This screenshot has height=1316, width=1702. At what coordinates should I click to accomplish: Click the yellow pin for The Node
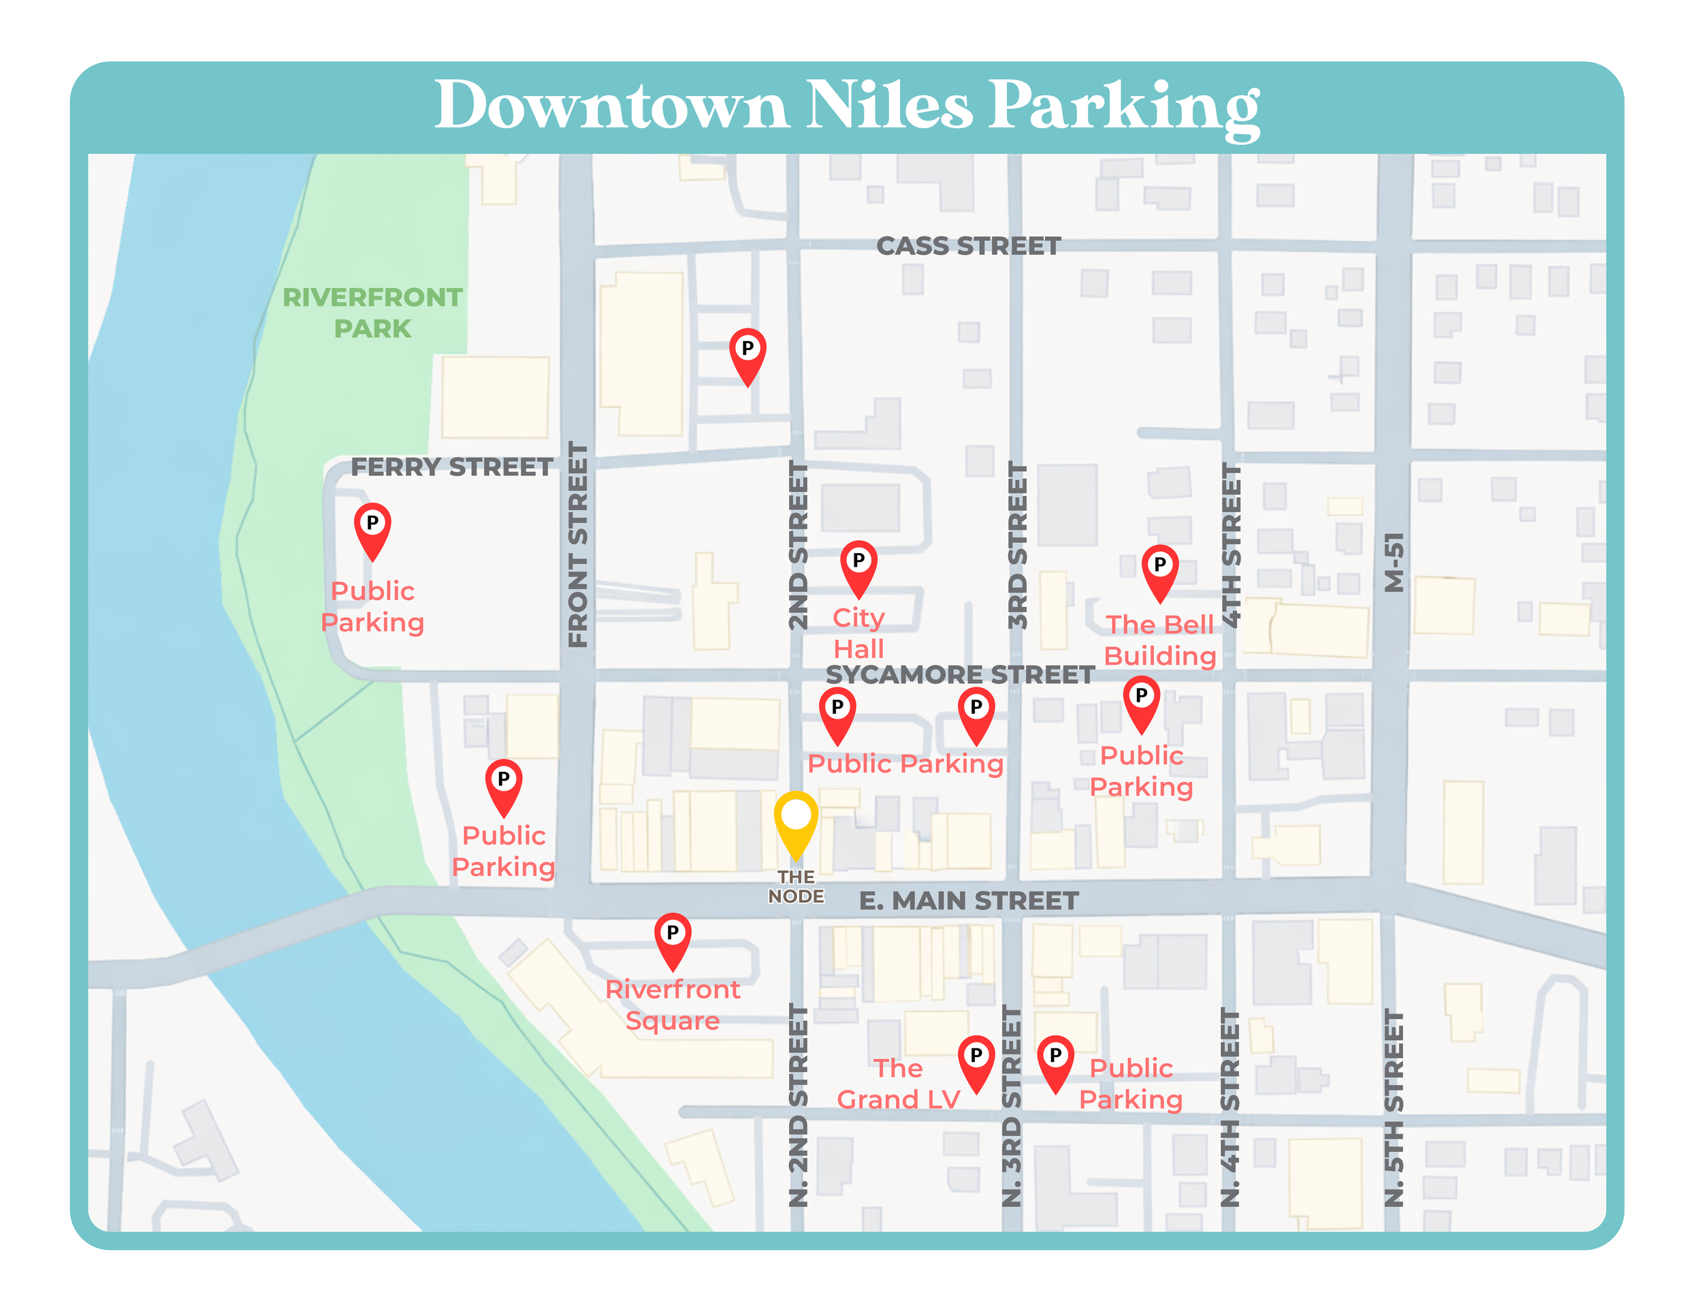tap(796, 819)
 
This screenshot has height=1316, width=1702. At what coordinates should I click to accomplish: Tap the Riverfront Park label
tap(372, 313)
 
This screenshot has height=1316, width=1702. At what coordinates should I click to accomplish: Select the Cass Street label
tap(968, 247)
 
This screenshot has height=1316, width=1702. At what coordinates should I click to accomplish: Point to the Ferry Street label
tap(451, 467)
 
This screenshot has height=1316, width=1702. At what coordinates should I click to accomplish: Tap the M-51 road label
tap(1394, 562)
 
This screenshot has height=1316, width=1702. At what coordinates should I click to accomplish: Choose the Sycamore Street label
tap(960, 674)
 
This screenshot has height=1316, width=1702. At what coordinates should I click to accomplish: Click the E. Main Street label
tap(969, 901)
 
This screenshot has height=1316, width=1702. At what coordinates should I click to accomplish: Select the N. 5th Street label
tap(1394, 1108)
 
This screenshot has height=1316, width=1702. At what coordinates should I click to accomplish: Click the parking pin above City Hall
tap(858, 565)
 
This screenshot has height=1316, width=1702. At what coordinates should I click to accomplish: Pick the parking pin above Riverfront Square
tap(673, 937)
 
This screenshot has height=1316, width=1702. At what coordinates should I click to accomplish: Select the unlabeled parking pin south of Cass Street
tap(748, 352)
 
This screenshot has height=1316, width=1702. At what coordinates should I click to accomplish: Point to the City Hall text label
tap(858, 633)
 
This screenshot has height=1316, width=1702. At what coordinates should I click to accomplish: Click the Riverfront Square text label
tap(673, 1005)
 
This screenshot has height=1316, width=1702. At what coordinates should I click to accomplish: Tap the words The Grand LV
tap(898, 1084)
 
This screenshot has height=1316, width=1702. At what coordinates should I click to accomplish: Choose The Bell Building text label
tap(1159, 640)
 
